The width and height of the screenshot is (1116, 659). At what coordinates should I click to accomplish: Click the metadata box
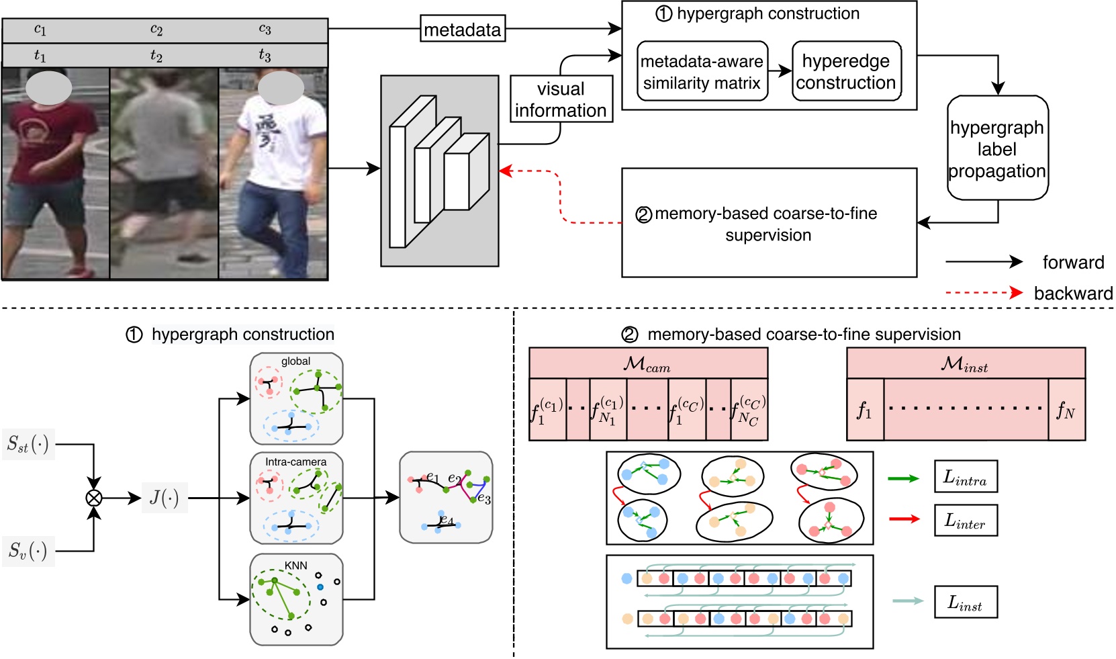(x=463, y=29)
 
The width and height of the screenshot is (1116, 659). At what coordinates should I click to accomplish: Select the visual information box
(x=561, y=99)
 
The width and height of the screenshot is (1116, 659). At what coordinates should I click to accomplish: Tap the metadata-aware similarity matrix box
(x=702, y=71)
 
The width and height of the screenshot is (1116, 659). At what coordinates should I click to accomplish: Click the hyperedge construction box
(x=846, y=71)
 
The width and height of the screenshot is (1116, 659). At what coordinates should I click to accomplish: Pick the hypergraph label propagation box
(x=997, y=148)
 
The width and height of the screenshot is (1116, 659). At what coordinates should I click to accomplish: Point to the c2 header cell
(x=156, y=30)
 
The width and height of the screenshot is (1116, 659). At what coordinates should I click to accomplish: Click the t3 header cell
(x=265, y=55)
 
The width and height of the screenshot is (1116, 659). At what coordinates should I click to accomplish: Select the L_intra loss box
(x=965, y=477)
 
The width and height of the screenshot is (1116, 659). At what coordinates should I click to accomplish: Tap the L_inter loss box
(x=965, y=521)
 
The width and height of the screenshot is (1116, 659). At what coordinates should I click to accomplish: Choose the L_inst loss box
(x=965, y=602)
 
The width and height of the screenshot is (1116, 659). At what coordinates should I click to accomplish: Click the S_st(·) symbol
(x=28, y=444)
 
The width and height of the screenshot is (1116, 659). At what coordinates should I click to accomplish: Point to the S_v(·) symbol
(x=28, y=551)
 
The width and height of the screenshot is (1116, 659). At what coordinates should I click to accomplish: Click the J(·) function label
(x=165, y=498)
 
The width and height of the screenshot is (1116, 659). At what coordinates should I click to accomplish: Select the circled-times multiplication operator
(x=94, y=498)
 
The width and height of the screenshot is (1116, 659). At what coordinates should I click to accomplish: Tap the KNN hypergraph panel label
(x=295, y=565)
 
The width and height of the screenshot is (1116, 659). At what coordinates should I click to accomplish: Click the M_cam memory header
(x=647, y=363)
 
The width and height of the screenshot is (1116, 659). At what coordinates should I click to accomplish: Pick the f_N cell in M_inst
(x=1066, y=410)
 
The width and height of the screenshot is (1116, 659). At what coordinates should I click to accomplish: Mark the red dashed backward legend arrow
(x=984, y=293)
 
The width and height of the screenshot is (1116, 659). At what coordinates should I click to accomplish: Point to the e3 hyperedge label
(x=484, y=499)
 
